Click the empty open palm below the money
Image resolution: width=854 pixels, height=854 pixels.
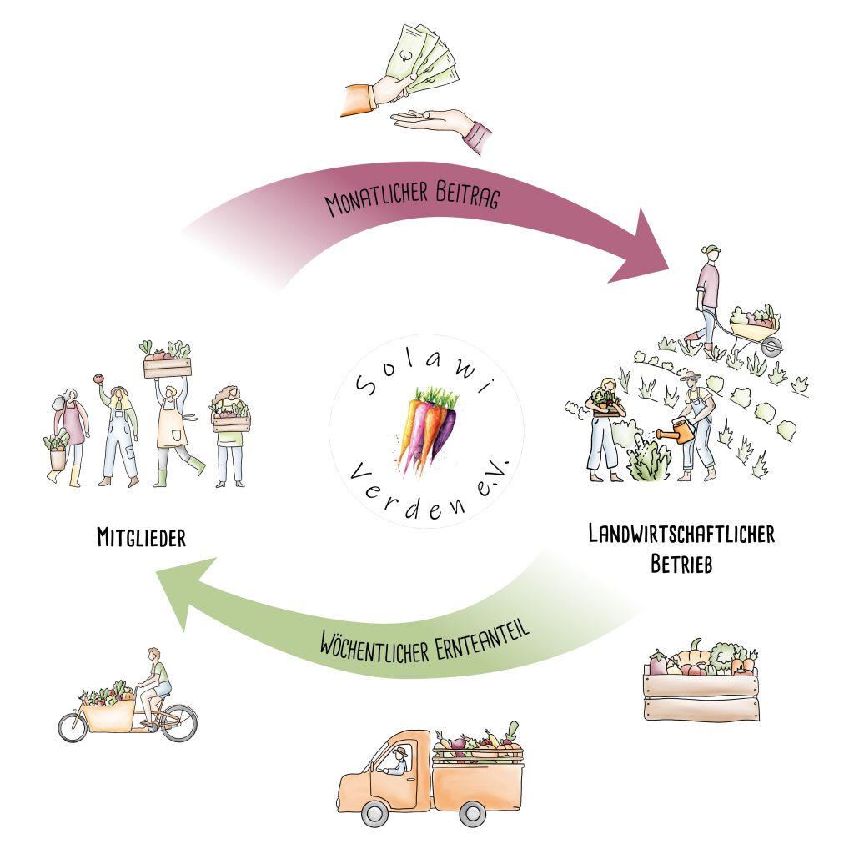(x=430, y=122)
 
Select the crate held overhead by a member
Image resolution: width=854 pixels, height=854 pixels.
(x=167, y=365)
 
